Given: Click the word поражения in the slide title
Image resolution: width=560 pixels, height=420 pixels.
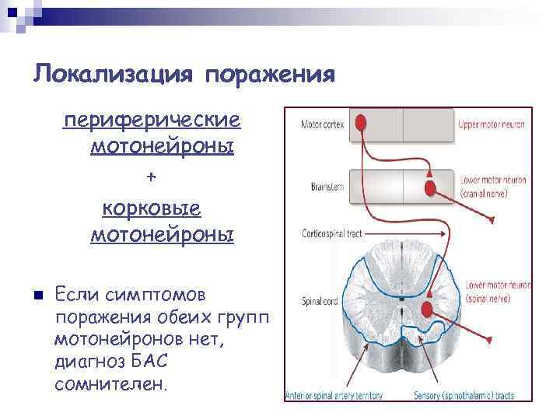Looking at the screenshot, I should click(x=271, y=75).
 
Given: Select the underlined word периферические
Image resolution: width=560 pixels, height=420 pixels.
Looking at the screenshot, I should click(x=152, y=122).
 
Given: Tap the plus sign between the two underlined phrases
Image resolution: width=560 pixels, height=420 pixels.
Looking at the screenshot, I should click(x=152, y=177).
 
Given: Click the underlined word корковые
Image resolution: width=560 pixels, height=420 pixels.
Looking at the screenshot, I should click(x=152, y=208).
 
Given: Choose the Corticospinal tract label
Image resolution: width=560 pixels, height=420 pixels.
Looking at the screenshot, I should click(x=320, y=233).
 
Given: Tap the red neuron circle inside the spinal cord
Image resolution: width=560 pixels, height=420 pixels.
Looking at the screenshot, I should click(x=425, y=310).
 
